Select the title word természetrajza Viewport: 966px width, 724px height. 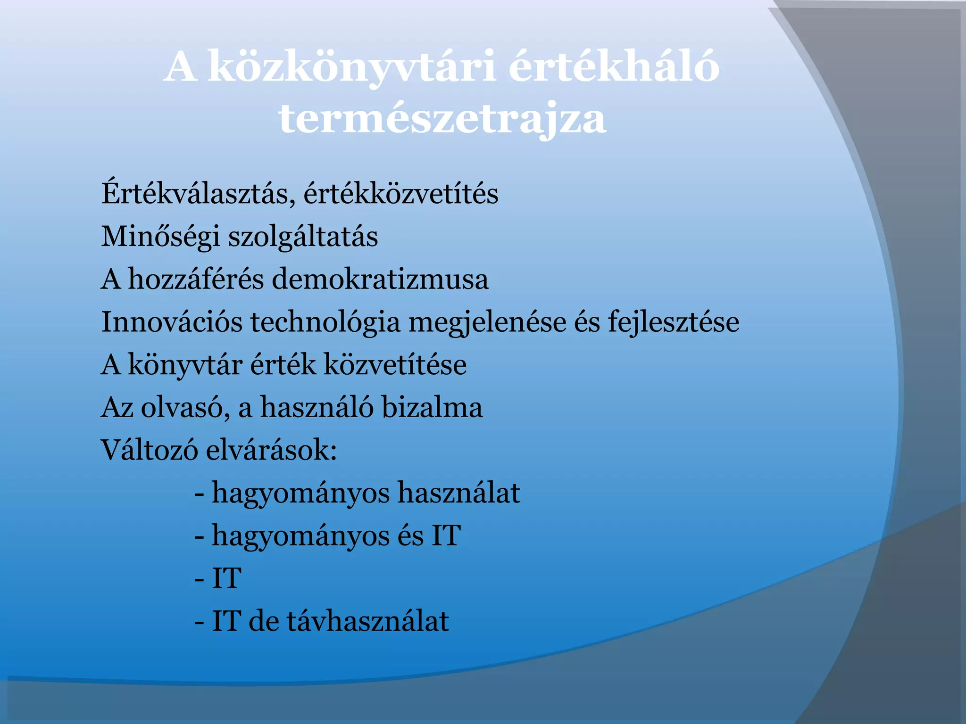442,119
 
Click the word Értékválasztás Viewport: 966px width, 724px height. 198,193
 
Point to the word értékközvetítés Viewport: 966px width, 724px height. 401,193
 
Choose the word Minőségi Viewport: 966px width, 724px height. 160,237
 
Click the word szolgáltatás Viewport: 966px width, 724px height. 303,237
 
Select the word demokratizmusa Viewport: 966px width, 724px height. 380,279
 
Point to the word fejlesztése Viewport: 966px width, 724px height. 673,322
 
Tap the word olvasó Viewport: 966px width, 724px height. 185,408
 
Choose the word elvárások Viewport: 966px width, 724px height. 272,450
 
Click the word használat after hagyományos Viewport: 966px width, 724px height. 458,493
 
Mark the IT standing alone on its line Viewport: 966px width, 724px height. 226,578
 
